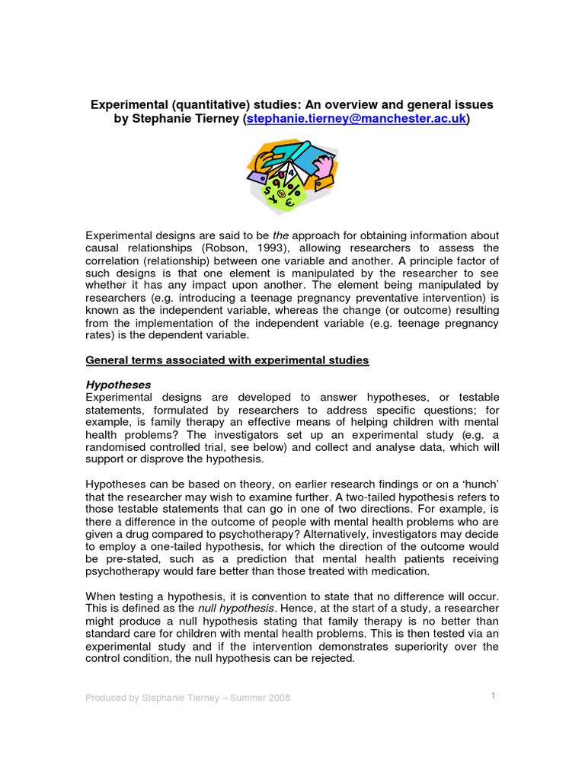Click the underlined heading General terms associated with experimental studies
[x=227, y=360]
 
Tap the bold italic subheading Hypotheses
[x=118, y=385]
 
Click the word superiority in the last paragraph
[x=419, y=646]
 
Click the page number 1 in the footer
[x=494, y=695]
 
